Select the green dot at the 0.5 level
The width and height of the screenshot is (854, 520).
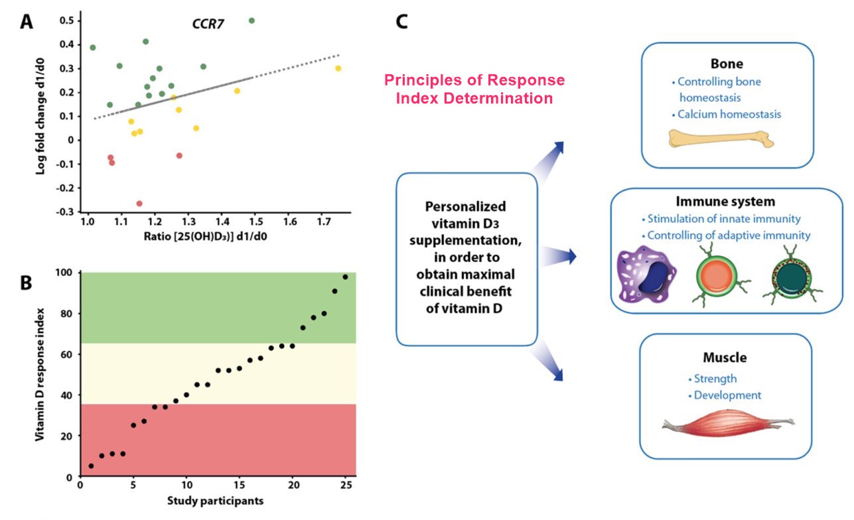coord(251,21)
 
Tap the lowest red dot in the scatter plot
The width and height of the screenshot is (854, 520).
coord(139,204)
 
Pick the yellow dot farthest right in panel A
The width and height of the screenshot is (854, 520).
coord(338,68)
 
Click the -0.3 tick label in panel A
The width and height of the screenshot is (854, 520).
coord(65,212)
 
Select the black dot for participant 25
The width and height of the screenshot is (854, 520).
coord(345,277)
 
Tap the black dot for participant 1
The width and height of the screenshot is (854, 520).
coord(91,466)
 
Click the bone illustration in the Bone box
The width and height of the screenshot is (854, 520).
coord(721,139)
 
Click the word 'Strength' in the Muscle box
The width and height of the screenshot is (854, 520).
coord(715,379)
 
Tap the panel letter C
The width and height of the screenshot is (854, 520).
coord(402,21)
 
